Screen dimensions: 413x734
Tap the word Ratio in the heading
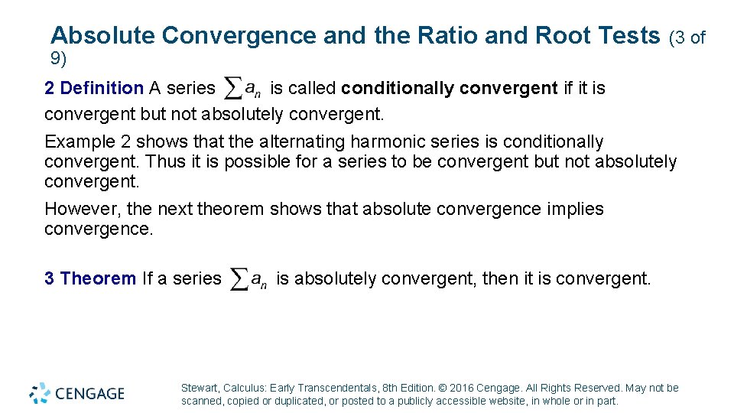445,35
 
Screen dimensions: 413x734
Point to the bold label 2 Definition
93,89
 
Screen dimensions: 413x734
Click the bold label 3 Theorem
90,278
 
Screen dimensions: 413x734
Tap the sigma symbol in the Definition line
232,89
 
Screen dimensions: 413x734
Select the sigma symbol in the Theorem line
239,279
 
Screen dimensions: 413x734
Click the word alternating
301,142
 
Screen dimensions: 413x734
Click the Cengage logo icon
40,393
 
